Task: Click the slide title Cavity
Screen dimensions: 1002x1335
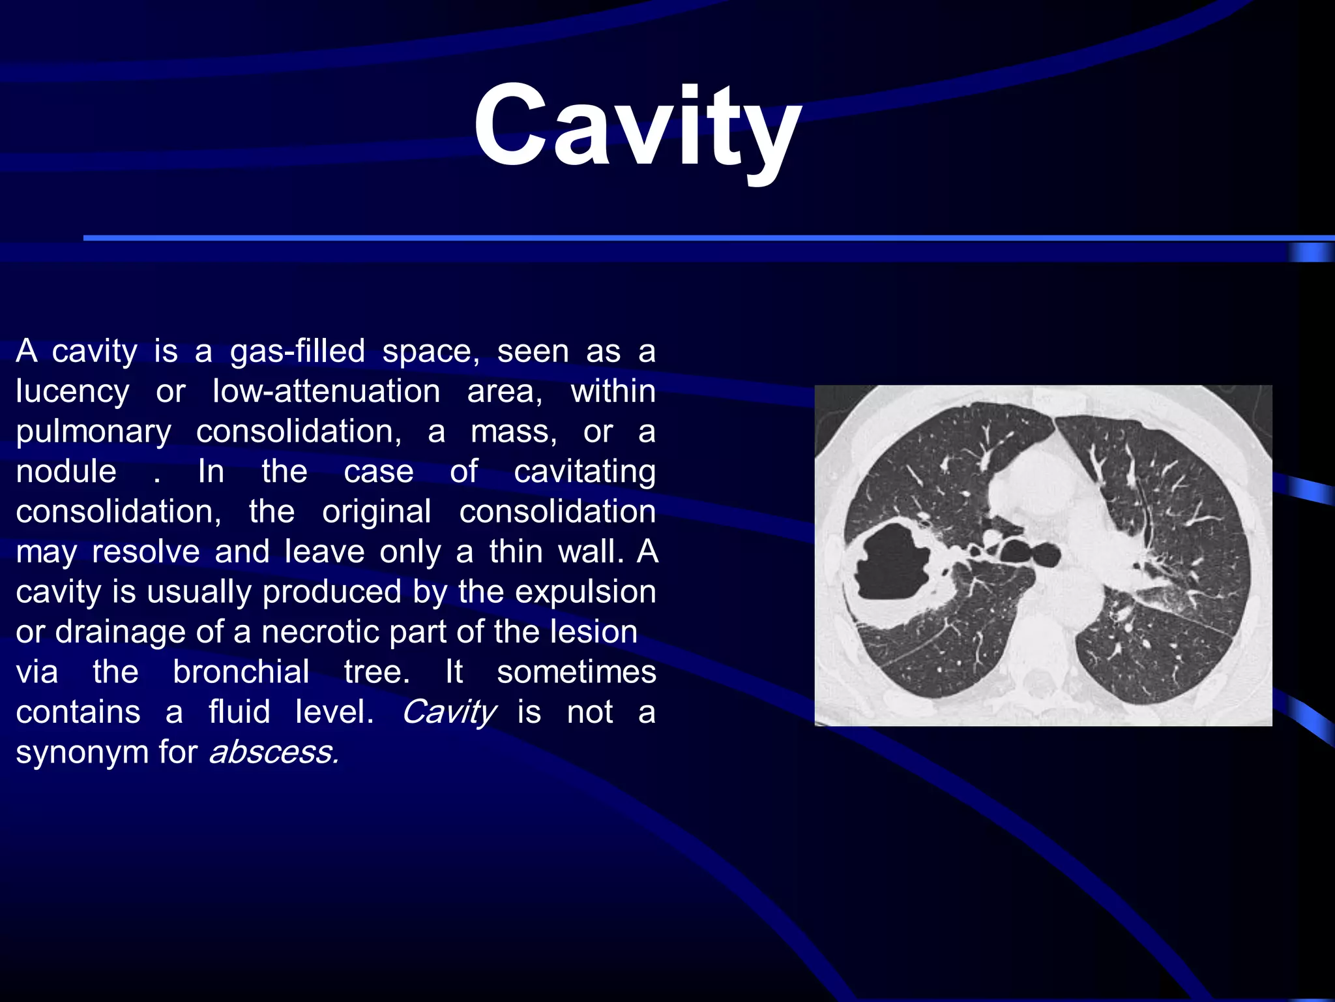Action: [x=638, y=127]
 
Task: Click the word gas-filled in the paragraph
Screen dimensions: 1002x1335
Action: [x=297, y=352]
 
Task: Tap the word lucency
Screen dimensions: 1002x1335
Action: [x=72, y=392]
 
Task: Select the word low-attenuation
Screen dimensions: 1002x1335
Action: [x=326, y=392]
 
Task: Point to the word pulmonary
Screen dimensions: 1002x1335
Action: [x=94, y=433]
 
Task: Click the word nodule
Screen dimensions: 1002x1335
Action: [x=66, y=472]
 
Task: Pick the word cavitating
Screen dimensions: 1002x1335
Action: [x=584, y=472]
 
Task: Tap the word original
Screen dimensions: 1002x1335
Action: [x=376, y=512]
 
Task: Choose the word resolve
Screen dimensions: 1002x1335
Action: [x=145, y=552]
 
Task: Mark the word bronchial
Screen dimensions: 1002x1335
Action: [x=241, y=673]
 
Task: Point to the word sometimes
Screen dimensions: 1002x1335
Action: [x=576, y=673]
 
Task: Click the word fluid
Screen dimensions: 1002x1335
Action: [x=239, y=712]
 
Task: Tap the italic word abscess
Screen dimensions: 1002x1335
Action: [x=273, y=753]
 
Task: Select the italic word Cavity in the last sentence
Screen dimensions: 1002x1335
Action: [x=449, y=712]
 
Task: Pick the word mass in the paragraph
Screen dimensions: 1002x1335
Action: [x=513, y=433]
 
